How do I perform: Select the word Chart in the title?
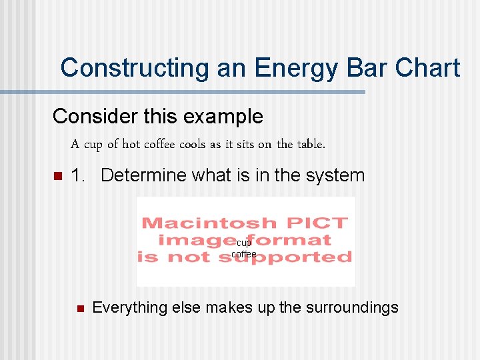(427, 69)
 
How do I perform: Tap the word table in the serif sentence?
(310, 144)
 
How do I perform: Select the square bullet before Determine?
(57, 177)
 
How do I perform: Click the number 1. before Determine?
(78, 176)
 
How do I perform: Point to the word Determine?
(143, 176)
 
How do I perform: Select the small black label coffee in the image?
(244, 254)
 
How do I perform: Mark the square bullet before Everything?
(79, 308)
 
